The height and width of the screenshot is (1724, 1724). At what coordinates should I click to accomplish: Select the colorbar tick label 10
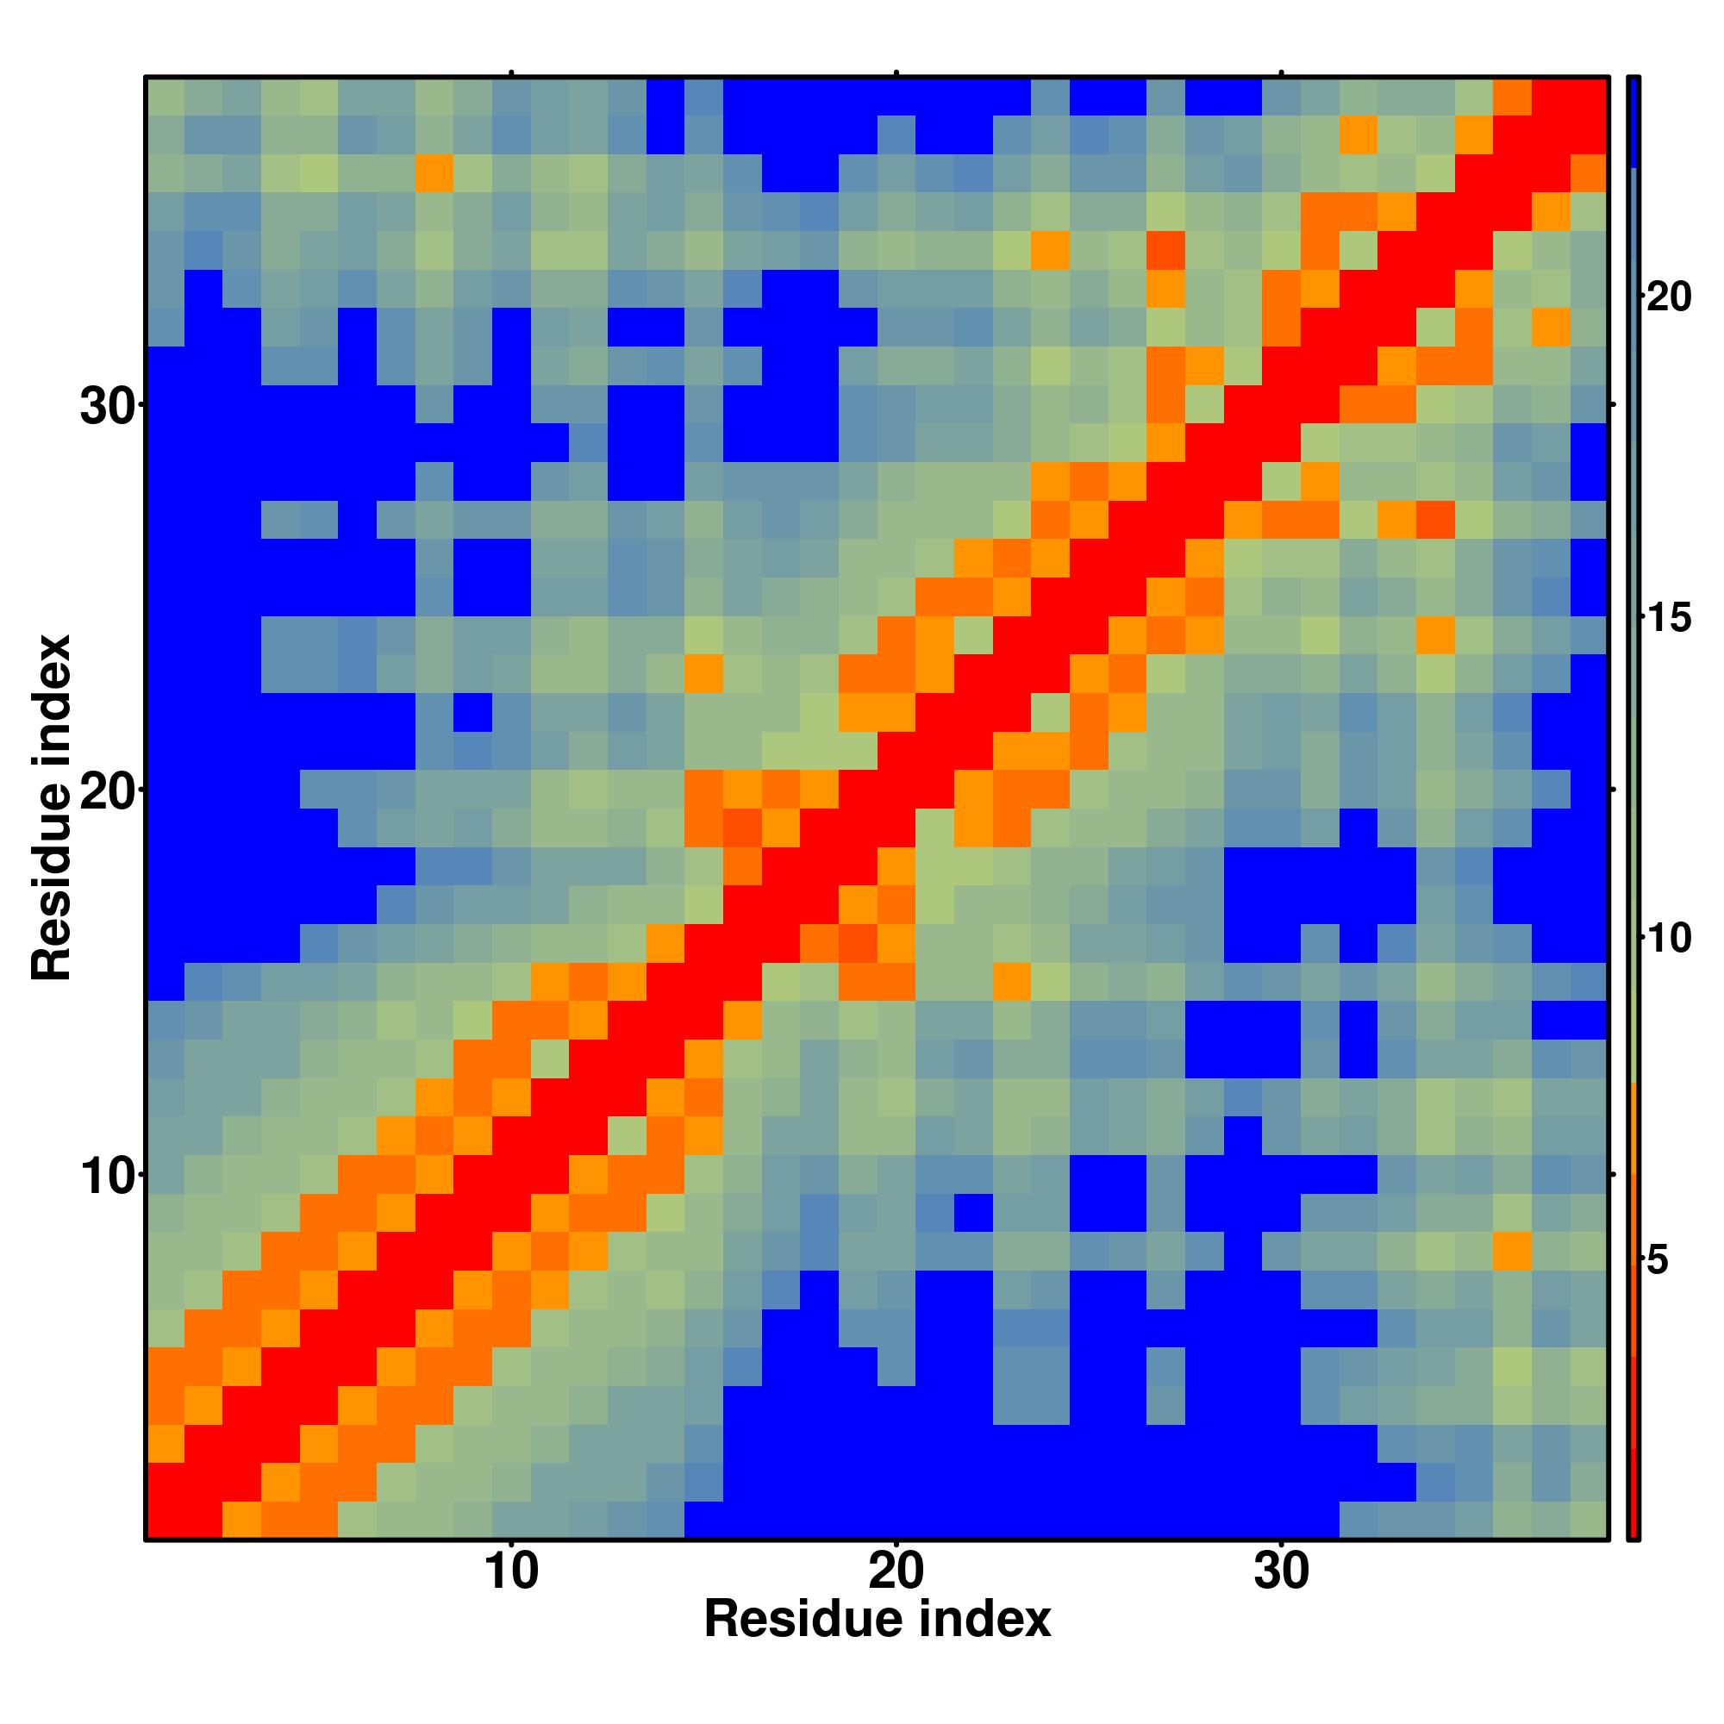click(1668, 939)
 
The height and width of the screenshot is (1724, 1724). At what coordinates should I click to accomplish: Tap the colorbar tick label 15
click(1668, 617)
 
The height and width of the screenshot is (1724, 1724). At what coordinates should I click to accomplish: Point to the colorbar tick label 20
click(1668, 297)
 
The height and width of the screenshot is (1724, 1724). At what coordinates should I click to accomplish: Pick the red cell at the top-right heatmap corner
click(1590, 97)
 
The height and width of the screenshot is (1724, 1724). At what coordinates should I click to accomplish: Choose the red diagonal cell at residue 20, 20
click(896, 790)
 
